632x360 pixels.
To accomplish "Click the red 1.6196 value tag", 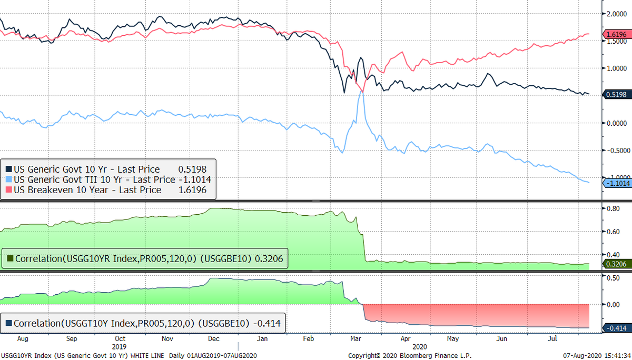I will (616, 34).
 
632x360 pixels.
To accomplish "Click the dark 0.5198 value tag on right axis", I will (616, 94).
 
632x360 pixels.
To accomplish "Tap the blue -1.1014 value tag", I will (616, 183).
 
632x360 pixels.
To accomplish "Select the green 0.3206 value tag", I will (616, 264).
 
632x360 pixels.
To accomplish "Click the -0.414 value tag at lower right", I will (616, 328).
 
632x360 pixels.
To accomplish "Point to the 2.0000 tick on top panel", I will (617, 14).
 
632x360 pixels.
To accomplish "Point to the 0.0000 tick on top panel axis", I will (617, 123).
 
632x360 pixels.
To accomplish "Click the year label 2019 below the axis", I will (120, 346).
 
